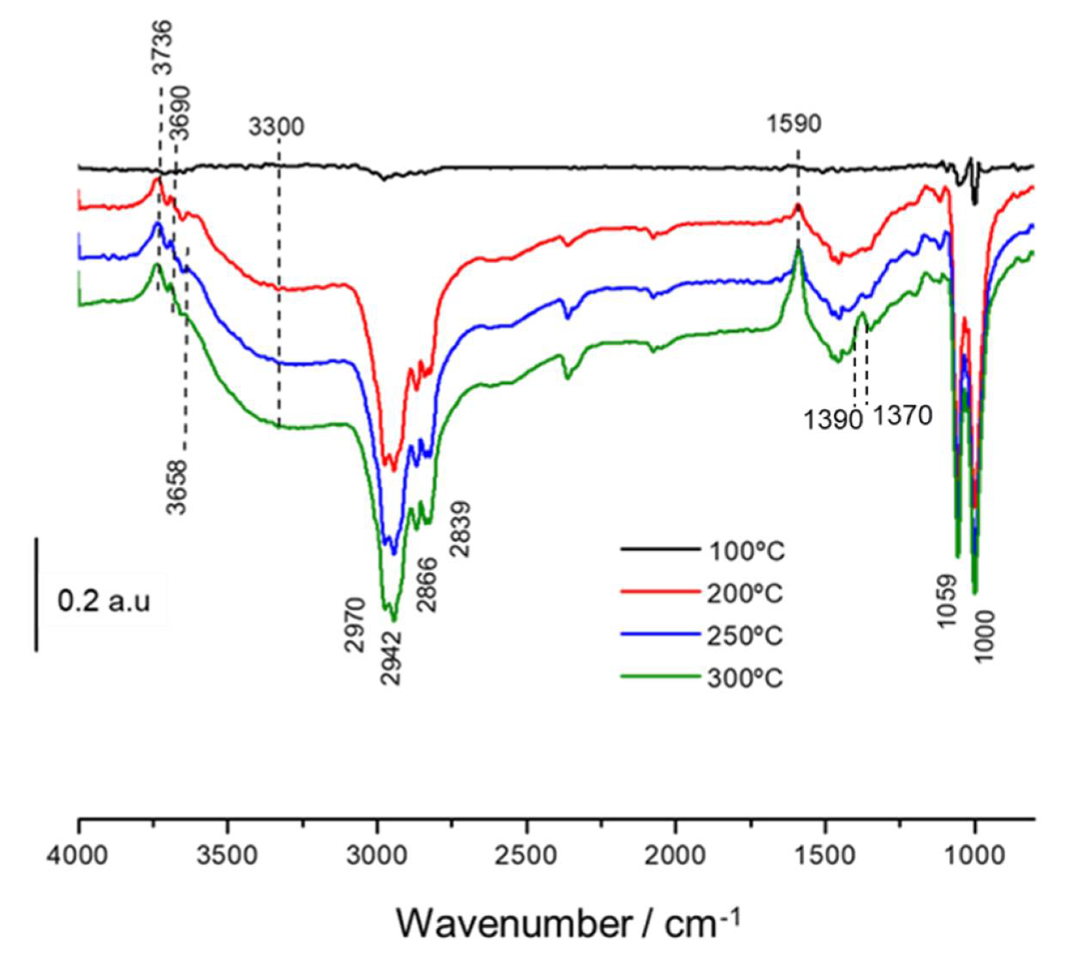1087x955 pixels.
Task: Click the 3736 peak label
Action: click(163, 48)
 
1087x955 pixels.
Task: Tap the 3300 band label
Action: click(276, 127)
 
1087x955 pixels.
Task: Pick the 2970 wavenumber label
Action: click(354, 625)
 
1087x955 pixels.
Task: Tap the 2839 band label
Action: click(460, 530)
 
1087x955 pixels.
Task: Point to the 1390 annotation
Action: click(833, 420)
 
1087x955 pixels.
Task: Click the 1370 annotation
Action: click(902, 415)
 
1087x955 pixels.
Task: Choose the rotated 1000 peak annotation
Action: click(984, 636)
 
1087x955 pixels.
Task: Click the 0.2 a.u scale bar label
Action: click(103, 602)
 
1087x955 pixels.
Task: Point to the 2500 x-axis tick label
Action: click(527, 855)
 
